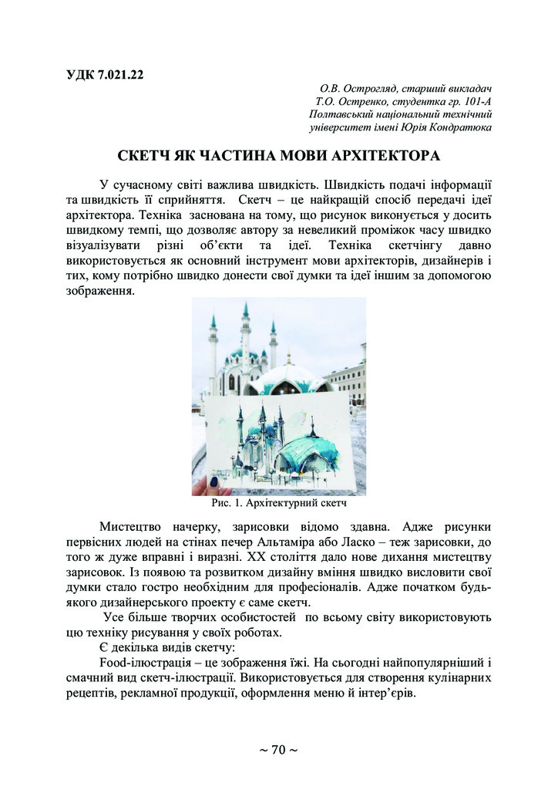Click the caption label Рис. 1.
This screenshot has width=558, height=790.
pos(227,505)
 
